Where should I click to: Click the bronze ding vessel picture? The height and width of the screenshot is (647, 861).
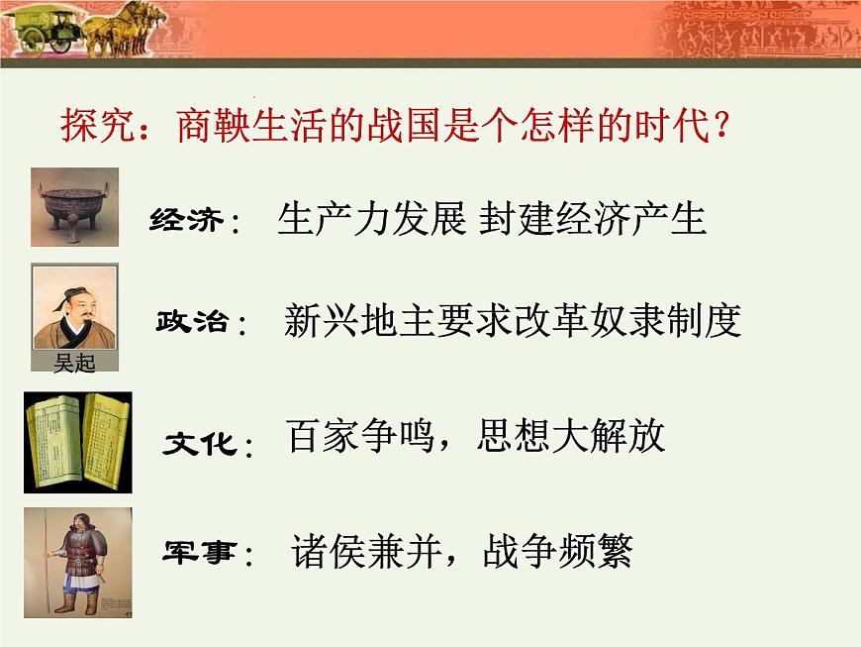pos(74,206)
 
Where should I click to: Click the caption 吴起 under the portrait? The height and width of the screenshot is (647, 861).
pos(74,364)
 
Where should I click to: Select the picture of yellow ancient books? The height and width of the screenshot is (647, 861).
pos(77,441)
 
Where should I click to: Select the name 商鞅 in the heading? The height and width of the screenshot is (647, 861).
pos(211,126)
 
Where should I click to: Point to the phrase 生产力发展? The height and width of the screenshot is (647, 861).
pos(371,219)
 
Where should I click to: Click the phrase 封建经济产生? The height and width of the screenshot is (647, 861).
pos(593,219)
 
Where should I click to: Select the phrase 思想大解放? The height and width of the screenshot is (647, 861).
pos(571,436)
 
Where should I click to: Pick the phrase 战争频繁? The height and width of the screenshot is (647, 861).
pos(557,550)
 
